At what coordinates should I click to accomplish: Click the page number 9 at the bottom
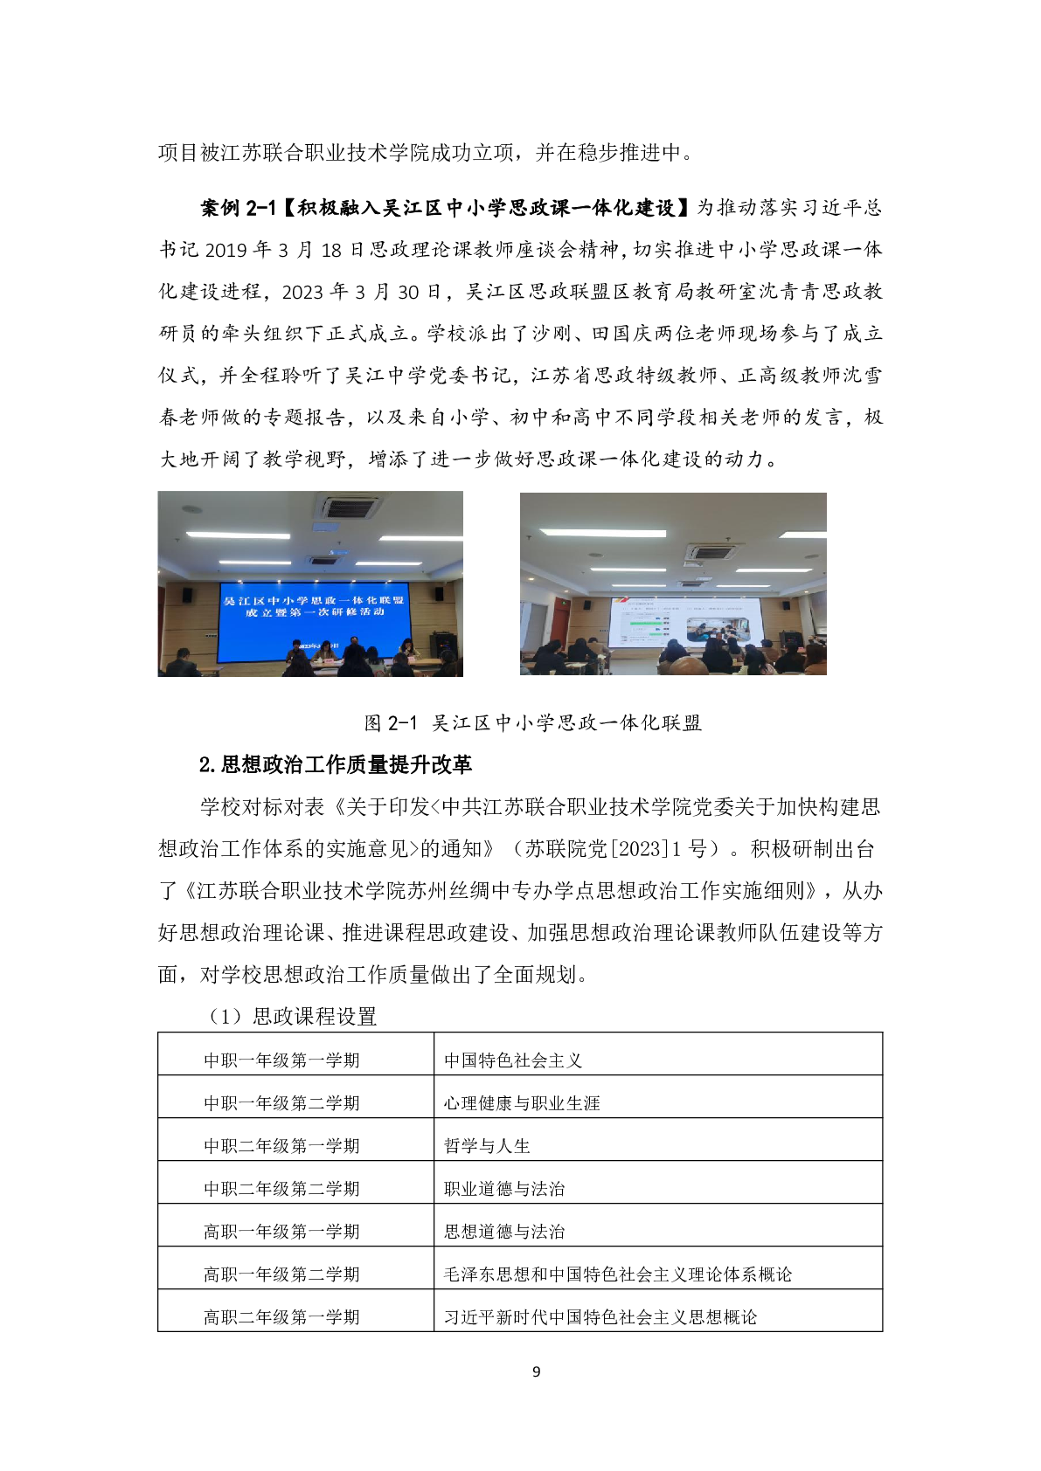(x=536, y=1371)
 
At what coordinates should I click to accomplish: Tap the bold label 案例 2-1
(x=238, y=208)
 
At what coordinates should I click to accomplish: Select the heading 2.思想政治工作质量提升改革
(x=336, y=765)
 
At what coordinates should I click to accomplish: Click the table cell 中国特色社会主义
(x=513, y=1060)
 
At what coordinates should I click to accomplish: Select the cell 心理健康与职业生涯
(x=522, y=1103)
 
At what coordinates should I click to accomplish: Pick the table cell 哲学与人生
(x=487, y=1146)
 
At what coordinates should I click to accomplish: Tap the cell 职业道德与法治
(x=504, y=1189)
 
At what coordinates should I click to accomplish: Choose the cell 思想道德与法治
(x=504, y=1232)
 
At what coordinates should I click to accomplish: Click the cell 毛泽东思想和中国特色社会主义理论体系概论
(x=618, y=1274)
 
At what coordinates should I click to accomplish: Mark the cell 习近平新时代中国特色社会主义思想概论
(x=600, y=1317)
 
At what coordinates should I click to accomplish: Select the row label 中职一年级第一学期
(x=281, y=1060)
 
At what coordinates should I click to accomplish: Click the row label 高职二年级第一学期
(x=281, y=1317)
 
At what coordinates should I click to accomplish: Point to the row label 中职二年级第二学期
(x=281, y=1189)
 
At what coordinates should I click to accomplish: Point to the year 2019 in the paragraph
(x=226, y=251)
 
